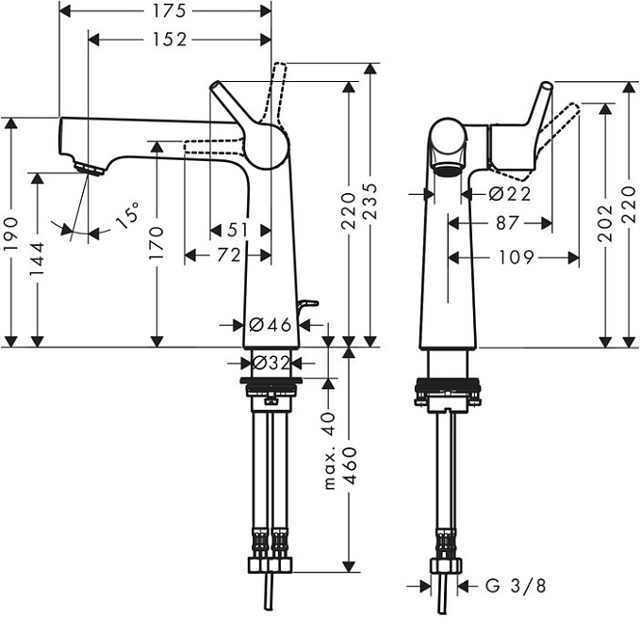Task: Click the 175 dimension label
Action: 170,11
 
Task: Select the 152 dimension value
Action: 170,40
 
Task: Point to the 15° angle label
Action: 128,216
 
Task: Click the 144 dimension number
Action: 37,259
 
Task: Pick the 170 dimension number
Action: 156,243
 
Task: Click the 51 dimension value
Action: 238,230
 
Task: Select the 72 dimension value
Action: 229,255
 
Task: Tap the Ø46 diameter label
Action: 271,325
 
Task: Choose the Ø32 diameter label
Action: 271,362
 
